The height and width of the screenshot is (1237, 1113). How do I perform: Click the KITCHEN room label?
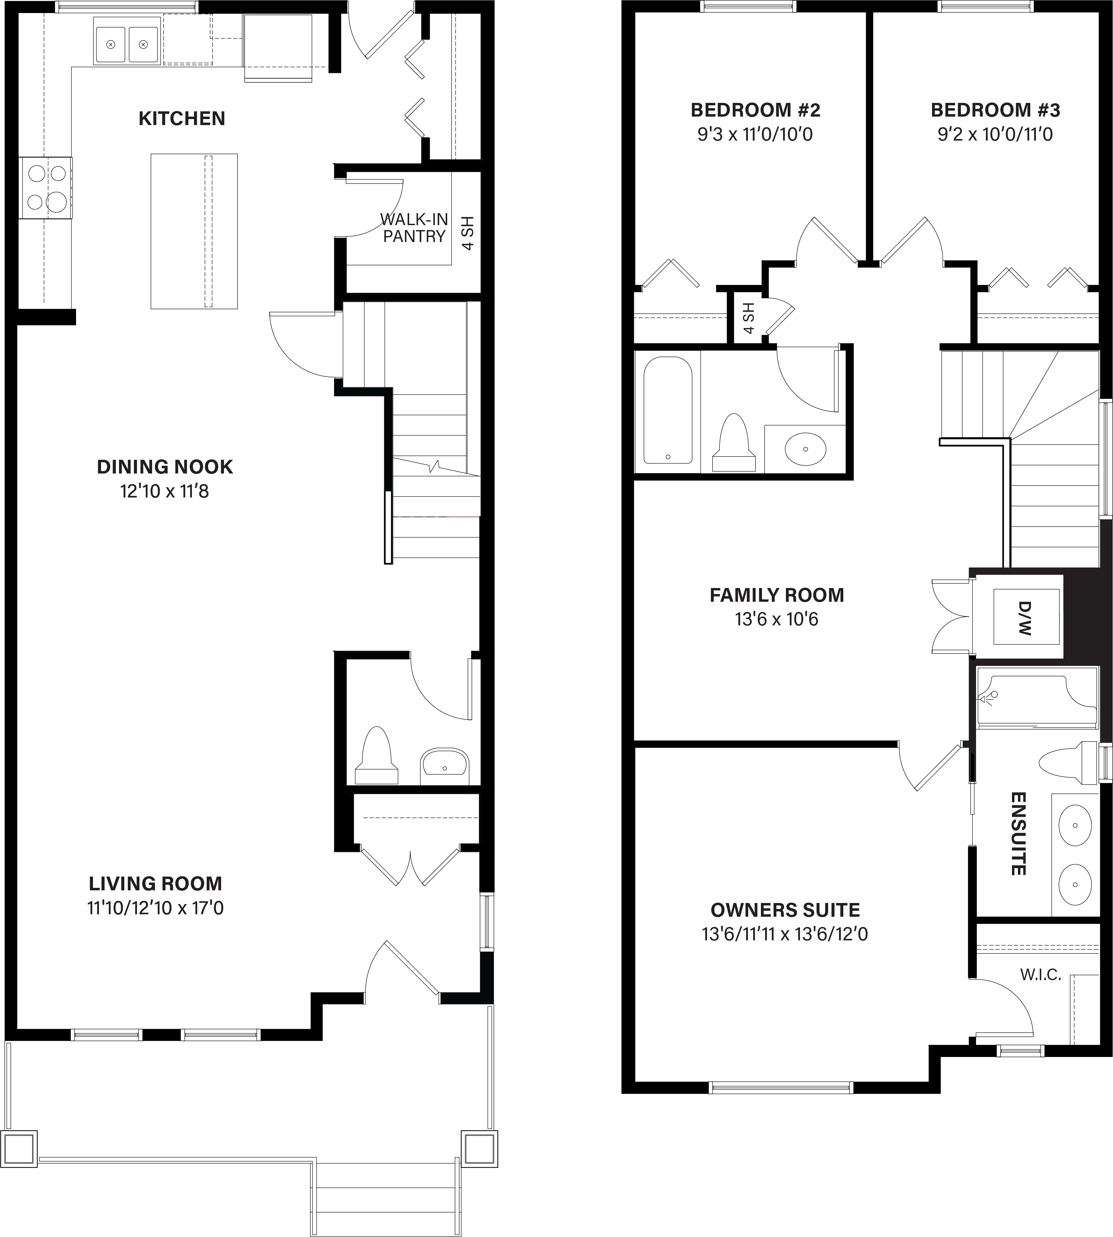point(182,118)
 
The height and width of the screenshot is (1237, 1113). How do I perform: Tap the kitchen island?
point(194,231)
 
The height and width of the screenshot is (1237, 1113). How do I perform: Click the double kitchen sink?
point(127,41)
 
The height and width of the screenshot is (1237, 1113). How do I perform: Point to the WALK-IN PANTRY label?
point(414,228)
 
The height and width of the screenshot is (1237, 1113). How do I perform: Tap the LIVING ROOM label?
point(155,883)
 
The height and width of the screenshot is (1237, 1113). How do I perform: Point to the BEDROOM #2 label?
point(755,110)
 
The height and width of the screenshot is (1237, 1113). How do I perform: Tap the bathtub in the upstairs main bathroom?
point(668,410)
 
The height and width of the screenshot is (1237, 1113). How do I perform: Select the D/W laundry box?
point(1026,617)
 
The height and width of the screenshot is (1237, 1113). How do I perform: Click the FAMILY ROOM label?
point(777,595)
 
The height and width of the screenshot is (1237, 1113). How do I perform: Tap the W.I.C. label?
point(1040,975)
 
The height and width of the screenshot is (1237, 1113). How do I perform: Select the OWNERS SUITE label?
point(785,910)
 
